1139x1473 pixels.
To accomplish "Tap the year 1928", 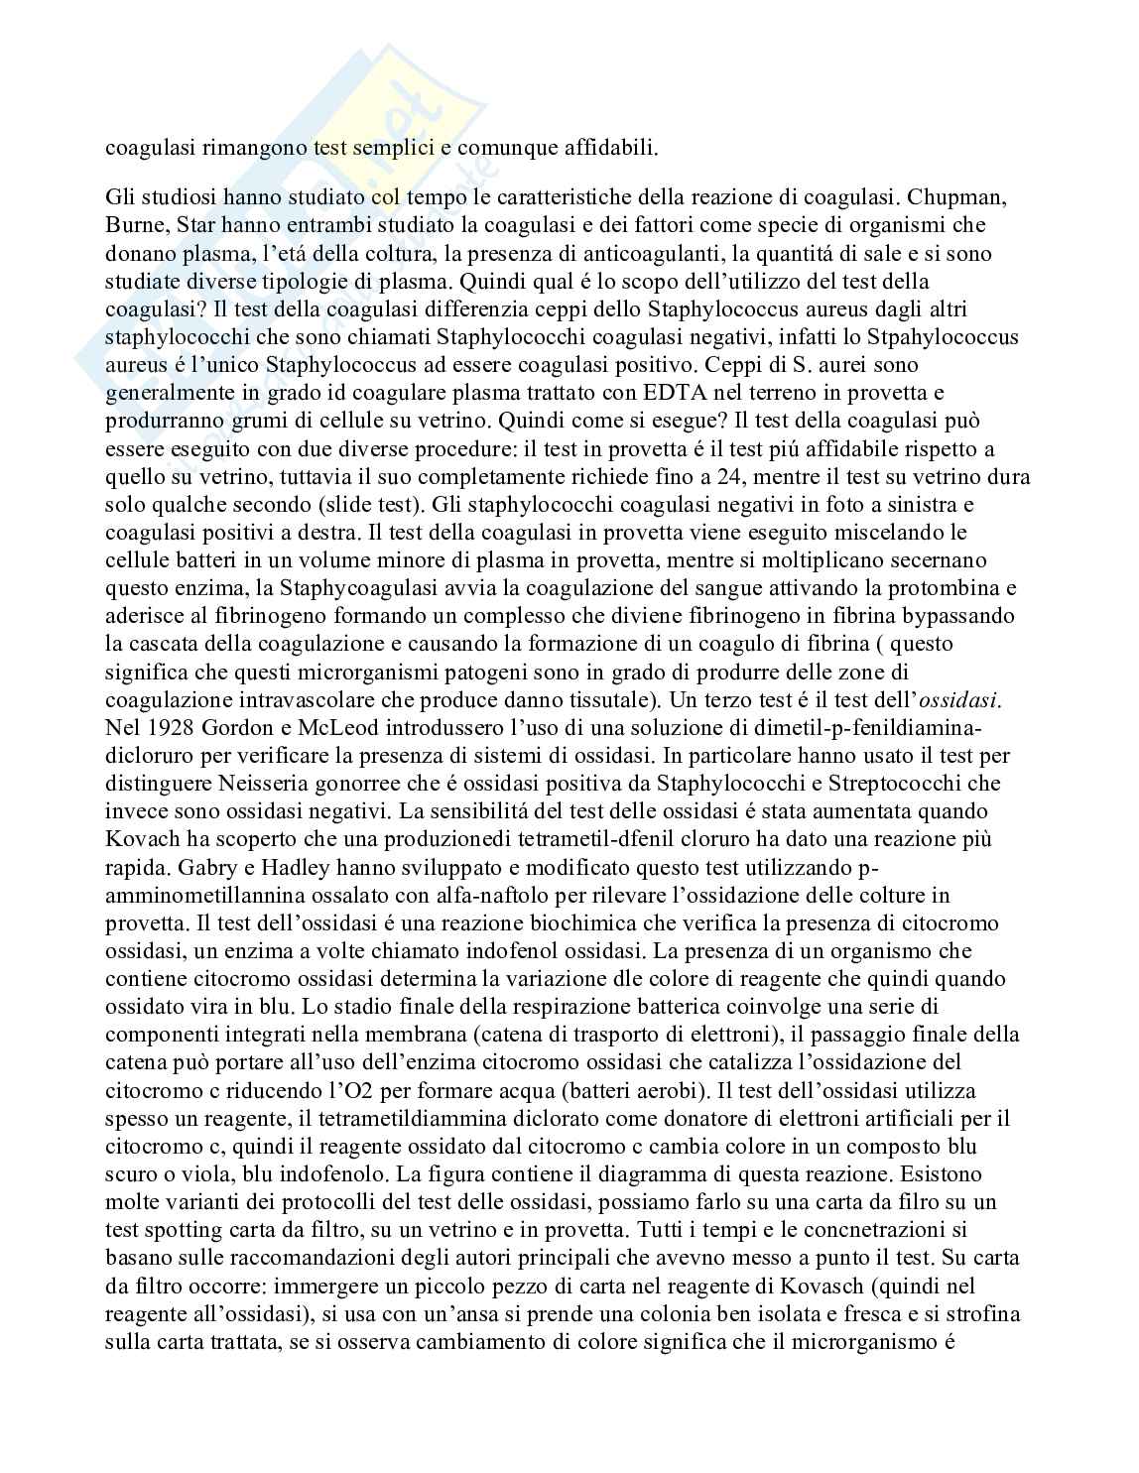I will pyautogui.click(x=171, y=727).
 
